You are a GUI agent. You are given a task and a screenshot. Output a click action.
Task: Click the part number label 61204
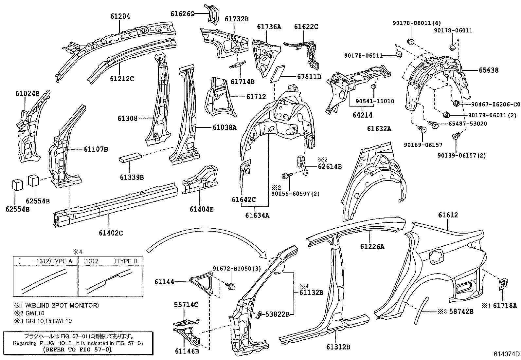119,16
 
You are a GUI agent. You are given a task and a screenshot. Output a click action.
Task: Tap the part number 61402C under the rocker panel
111,233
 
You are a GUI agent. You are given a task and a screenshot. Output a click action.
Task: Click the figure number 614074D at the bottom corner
507,354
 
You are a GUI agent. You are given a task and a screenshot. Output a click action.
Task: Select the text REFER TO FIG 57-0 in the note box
78,350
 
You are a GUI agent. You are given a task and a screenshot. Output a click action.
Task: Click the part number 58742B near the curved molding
461,312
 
